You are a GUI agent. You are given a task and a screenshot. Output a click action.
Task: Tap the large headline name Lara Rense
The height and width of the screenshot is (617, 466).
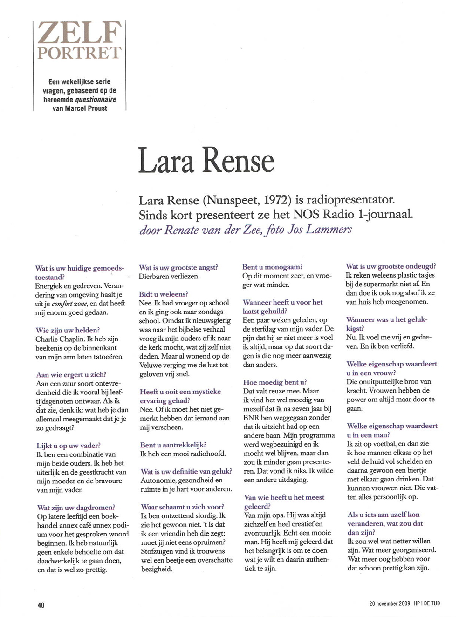tap(206, 161)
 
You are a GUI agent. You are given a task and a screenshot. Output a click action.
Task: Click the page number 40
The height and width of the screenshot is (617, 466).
tap(41, 605)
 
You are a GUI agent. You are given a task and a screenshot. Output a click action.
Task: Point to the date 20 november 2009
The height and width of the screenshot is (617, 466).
tap(390, 603)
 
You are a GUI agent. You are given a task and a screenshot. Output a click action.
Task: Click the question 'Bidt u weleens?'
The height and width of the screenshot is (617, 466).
tap(164, 294)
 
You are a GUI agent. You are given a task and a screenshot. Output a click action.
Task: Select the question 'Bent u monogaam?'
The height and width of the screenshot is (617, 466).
tap(272, 267)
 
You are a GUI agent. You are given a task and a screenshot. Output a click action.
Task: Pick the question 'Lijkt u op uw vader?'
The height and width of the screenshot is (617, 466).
tap(69, 446)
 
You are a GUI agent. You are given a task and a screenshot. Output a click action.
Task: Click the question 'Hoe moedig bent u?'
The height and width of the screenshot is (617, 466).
tap(275, 382)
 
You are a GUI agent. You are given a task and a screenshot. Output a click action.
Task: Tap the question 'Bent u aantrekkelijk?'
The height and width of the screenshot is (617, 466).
tap(173, 445)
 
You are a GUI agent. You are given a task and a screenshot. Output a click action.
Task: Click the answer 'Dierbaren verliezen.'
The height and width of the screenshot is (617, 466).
tap(169, 277)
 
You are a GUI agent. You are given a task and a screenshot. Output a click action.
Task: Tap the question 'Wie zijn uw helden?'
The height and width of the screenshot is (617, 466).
tap(68, 330)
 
